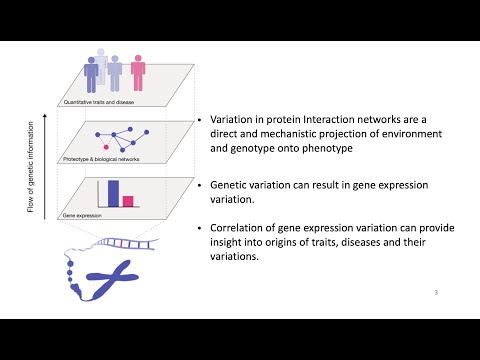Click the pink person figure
pyautogui.click(x=137, y=76)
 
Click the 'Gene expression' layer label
pyautogui.click(x=82, y=215)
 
